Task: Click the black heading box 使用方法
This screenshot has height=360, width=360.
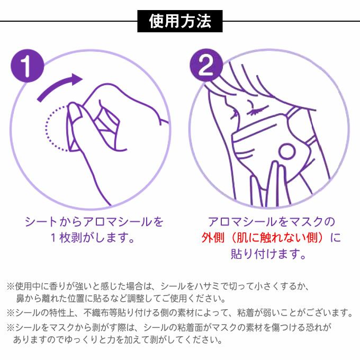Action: (180, 21)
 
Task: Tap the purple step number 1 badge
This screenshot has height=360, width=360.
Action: (28, 66)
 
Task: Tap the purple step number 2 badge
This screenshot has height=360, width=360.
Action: (206, 65)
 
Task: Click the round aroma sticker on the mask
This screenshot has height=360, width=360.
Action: (286, 151)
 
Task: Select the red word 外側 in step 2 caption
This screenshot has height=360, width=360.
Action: (213, 237)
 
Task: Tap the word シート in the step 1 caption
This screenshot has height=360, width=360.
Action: (41, 222)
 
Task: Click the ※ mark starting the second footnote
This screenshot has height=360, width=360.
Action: (11, 313)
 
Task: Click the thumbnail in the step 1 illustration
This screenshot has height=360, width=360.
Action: (74, 112)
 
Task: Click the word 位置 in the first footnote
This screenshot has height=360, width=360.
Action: (76, 298)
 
